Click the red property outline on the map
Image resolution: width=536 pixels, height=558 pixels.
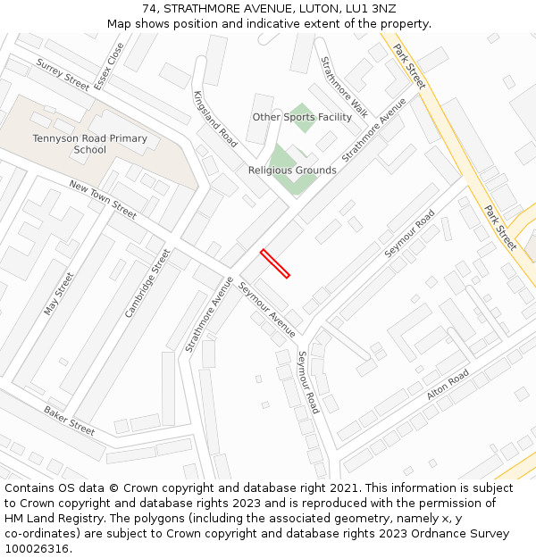click(275, 263)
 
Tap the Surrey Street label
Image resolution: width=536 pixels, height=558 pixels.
click(63, 75)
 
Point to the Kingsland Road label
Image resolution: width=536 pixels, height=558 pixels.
click(215, 119)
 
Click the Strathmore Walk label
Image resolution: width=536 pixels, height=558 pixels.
click(344, 87)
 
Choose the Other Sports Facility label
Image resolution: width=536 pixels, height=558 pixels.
click(302, 117)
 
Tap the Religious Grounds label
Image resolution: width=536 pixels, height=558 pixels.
click(292, 170)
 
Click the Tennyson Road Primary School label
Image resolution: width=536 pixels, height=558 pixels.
click(90, 144)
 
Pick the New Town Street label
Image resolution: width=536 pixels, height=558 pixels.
click(103, 199)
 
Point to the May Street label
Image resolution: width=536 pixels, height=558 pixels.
click(59, 294)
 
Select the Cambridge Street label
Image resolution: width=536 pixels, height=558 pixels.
click(147, 283)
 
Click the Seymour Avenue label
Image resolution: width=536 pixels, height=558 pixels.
click(268, 311)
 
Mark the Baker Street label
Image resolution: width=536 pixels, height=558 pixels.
click(69, 421)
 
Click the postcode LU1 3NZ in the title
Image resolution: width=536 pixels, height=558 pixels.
click(371, 9)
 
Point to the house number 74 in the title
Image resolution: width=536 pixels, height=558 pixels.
click(149, 9)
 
